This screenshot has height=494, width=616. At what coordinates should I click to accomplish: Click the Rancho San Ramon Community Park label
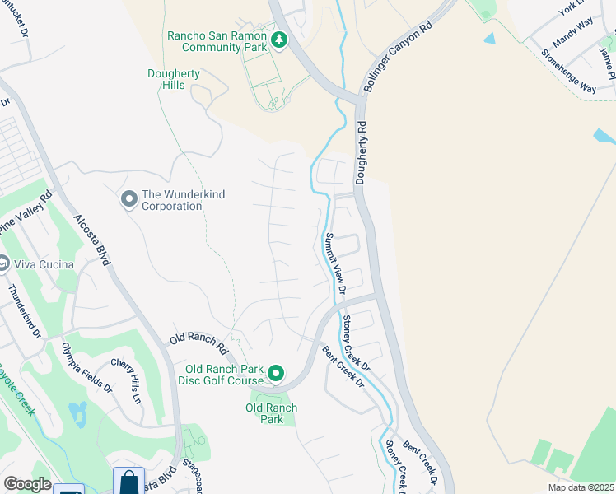(217, 41)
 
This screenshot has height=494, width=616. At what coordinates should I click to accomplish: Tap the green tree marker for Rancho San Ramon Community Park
(279, 40)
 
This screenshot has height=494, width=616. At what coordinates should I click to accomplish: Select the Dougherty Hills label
(173, 79)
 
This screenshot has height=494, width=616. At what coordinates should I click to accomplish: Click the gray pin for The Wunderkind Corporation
(128, 199)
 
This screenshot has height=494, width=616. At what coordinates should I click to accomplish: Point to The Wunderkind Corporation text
(183, 200)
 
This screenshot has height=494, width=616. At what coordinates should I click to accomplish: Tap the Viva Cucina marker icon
(7, 264)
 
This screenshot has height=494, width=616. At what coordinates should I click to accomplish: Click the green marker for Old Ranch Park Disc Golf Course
(276, 375)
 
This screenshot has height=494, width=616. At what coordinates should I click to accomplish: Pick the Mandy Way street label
(573, 37)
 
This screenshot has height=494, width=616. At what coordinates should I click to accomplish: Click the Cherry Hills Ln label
(133, 381)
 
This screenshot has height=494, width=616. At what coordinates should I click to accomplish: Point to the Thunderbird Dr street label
(24, 311)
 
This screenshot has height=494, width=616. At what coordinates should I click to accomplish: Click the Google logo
(26, 484)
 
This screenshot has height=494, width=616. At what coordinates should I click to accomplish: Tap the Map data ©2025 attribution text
(581, 487)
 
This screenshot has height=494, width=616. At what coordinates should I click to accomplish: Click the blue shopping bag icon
(129, 482)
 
